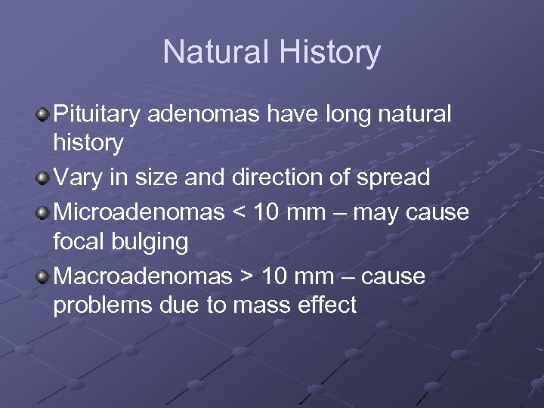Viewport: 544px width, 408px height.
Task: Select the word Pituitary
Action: pyautogui.click(x=100, y=115)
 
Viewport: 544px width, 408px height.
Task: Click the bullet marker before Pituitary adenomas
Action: pyautogui.click(x=43, y=115)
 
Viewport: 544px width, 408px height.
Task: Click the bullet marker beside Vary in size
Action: pyautogui.click(x=43, y=178)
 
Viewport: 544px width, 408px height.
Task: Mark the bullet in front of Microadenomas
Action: pyautogui.click(x=43, y=213)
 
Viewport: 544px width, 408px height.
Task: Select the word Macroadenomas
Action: pyautogui.click(x=141, y=277)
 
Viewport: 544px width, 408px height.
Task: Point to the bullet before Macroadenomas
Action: pyautogui.click(x=43, y=277)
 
